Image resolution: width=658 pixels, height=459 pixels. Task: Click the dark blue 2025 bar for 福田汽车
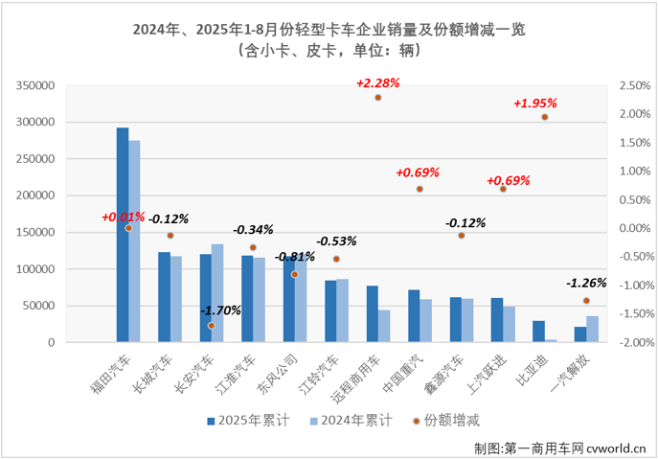(123, 235)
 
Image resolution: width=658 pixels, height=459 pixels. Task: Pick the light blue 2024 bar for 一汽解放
(592, 329)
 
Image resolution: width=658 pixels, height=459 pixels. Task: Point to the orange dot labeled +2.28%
(378, 98)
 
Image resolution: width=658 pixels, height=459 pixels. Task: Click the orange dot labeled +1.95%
(544, 117)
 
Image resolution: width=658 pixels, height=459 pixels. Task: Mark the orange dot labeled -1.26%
(586, 300)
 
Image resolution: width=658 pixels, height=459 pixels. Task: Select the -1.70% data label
(221, 311)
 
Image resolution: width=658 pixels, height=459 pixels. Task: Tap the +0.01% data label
(125, 217)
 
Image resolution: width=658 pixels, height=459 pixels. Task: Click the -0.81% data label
(294, 257)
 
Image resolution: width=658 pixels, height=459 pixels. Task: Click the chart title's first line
(329, 30)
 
